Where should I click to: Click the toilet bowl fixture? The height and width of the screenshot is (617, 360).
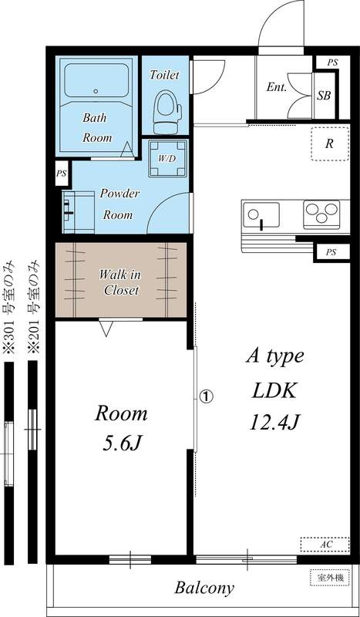tap(167, 112)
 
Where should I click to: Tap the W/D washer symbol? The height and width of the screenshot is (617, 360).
tap(168, 158)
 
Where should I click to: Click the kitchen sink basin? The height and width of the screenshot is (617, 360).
tap(261, 215)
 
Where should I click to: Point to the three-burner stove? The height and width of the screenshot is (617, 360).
tap(321, 214)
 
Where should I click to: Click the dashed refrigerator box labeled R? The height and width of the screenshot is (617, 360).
tap(330, 144)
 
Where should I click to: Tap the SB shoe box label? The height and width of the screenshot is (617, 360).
tap(324, 96)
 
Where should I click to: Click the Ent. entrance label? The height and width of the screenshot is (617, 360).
tap(276, 87)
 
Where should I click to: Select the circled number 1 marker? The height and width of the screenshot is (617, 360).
tap(206, 396)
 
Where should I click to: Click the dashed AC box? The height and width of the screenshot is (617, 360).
tap(325, 545)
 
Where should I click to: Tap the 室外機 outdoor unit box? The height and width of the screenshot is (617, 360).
tap(330, 578)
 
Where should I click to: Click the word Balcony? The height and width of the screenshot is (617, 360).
tap(204, 588)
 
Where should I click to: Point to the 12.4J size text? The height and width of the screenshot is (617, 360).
tap(275, 423)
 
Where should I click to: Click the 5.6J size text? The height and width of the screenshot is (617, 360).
tap(121, 444)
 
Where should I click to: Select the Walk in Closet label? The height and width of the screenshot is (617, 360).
tap(119, 282)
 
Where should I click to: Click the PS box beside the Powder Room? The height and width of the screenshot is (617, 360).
tap(62, 173)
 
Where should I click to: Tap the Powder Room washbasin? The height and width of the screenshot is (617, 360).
tap(79, 212)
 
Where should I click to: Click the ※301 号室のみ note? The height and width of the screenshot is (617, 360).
tap(9, 306)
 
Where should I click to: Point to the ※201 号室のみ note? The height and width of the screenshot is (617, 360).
tap(33, 306)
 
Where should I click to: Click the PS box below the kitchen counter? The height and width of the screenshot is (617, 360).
tap(331, 253)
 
